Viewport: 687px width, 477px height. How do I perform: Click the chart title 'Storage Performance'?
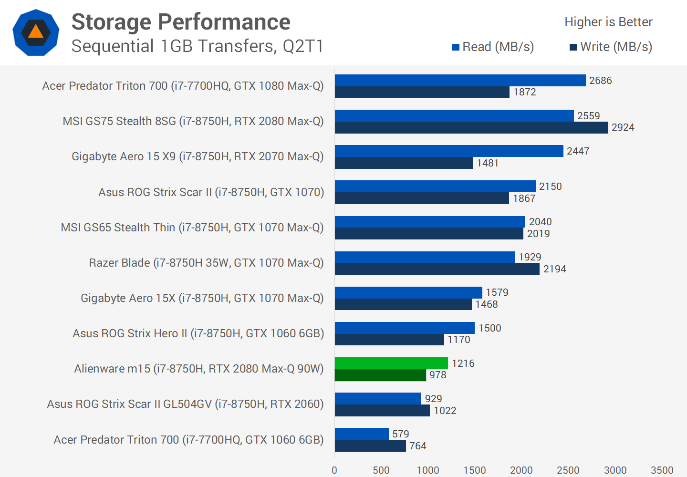[181, 22]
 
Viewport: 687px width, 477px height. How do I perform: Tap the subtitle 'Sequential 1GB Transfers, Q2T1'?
[198, 46]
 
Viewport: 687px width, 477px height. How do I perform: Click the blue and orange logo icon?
[36, 32]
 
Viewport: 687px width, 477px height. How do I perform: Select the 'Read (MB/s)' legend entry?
[493, 47]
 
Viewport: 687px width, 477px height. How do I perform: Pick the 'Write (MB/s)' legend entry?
[611, 47]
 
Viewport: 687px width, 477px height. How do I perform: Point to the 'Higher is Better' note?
[608, 22]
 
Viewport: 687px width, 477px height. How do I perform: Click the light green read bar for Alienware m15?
[391, 363]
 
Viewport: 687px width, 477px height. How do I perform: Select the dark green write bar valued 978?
[380, 375]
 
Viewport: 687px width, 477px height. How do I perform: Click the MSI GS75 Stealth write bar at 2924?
[471, 127]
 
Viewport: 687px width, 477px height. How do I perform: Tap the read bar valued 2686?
[460, 80]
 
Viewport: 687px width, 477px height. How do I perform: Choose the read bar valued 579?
[362, 434]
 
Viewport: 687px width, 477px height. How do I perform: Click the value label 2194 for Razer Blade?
[554, 269]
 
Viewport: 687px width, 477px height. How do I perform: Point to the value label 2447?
[578, 151]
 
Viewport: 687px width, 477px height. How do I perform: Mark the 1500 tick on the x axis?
[475, 470]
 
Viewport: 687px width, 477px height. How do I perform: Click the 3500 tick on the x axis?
[662, 470]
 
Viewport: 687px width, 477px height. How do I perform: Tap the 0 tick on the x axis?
[334, 470]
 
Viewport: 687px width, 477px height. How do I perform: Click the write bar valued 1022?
[382, 410]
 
